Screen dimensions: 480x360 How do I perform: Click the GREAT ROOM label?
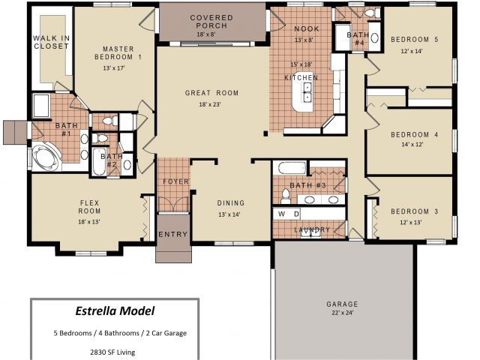(211, 93)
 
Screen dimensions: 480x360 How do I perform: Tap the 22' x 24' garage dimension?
(342, 313)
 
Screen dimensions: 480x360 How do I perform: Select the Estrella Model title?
(115, 311)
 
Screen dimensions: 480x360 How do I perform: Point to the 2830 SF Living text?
(112, 352)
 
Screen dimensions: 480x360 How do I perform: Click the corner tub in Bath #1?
(45, 158)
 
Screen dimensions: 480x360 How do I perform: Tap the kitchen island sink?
(307, 92)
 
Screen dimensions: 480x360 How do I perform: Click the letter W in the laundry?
(281, 214)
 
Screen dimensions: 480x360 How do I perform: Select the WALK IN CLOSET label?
(51, 42)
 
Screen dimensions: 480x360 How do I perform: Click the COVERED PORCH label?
(211, 22)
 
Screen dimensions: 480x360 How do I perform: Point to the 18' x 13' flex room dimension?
(89, 222)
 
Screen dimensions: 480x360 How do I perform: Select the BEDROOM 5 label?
(415, 40)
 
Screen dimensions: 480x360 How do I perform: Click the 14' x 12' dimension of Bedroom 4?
(412, 144)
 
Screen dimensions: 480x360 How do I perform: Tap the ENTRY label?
(173, 234)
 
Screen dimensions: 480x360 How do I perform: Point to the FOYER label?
(175, 181)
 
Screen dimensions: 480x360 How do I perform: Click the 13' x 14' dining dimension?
(229, 214)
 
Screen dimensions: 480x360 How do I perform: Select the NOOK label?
(307, 28)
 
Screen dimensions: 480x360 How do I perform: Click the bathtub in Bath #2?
(99, 161)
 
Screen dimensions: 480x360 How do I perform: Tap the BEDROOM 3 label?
(415, 211)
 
